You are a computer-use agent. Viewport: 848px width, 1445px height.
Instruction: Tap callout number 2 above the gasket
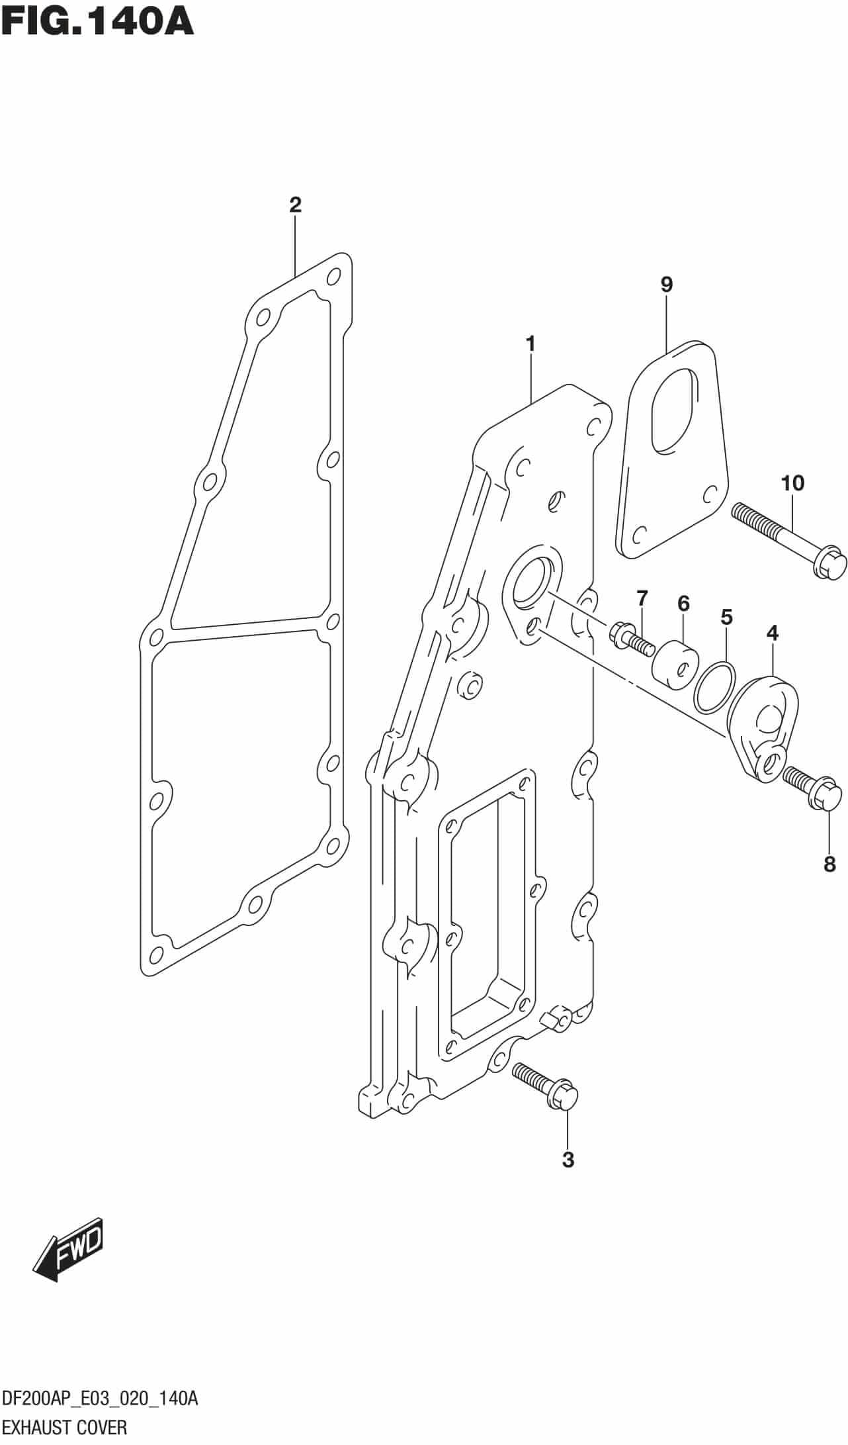295,205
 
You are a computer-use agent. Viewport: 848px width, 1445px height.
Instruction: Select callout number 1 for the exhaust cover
530,344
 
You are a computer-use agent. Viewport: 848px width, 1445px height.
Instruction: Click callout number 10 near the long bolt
792,483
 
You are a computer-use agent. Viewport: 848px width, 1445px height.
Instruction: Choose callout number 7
642,598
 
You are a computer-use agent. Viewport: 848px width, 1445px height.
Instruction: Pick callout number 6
683,603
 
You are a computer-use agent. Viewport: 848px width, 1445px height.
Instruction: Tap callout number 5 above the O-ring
726,618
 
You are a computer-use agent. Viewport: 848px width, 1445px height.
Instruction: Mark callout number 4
772,633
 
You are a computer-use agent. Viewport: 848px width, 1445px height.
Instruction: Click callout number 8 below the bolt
829,864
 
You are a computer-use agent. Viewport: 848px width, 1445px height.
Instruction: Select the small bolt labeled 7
628,637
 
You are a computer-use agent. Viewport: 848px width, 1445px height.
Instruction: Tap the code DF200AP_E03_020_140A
99,1400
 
